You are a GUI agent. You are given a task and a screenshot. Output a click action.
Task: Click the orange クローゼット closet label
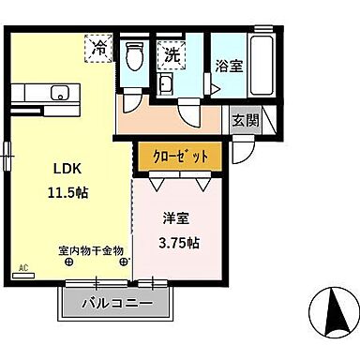click(181, 155)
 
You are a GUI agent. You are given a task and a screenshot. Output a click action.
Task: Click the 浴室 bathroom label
click(230, 66)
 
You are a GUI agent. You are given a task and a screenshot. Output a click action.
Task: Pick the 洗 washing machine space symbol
click(172, 54)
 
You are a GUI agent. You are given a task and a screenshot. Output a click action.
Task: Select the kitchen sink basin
click(59, 92)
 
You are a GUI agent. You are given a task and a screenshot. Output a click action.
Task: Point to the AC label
click(23, 268)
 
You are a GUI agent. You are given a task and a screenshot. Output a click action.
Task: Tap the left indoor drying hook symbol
click(69, 262)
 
